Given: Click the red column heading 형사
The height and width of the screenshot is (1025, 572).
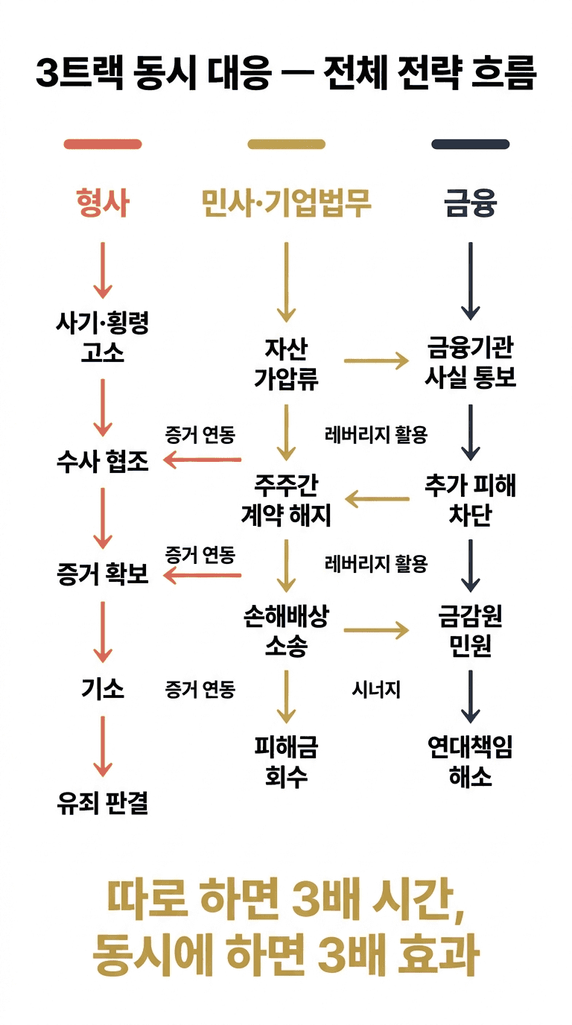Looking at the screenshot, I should click(x=103, y=203).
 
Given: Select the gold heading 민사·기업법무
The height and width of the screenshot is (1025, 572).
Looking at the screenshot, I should click(x=286, y=203).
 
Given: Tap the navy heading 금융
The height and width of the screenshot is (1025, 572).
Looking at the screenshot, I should click(x=470, y=203).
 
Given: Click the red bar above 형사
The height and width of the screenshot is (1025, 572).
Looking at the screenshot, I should click(x=103, y=145).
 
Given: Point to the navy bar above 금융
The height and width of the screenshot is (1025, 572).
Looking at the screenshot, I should click(x=470, y=145).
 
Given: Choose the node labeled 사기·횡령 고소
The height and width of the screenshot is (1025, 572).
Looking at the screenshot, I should click(x=103, y=337).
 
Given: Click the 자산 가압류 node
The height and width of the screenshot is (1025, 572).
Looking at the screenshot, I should click(x=286, y=364).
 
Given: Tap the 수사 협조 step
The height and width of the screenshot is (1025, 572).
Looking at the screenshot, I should click(x=103, y=462).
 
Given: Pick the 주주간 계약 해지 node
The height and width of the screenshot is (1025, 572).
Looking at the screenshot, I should click(x=286, y=501).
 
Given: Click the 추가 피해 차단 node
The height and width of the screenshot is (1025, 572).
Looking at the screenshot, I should click(x=470, y=501).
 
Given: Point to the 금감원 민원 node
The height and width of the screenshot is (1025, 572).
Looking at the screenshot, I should click(x=470, y=631).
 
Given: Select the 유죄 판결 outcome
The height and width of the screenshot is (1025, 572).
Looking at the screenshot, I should click(x=103, y=803).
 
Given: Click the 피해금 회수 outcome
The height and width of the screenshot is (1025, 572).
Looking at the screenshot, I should click(x=286, y=761).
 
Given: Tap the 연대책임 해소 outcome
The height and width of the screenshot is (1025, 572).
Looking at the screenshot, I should click(x=470, y=761).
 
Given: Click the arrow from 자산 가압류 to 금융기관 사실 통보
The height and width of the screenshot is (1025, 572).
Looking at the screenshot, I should click(x=376, y=362).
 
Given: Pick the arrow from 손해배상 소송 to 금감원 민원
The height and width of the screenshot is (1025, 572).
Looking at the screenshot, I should click(x=376, y=631).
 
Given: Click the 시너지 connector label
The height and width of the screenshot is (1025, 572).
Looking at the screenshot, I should click(x=376, y=691).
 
